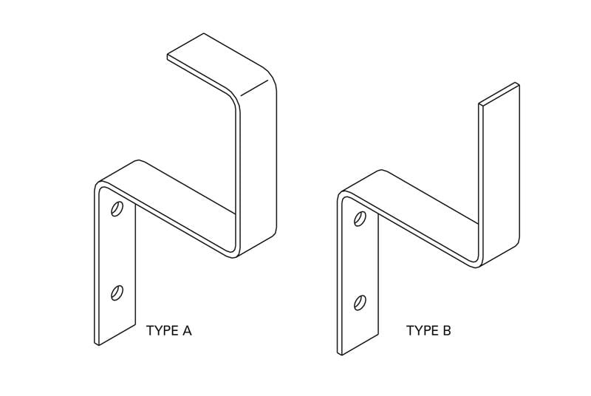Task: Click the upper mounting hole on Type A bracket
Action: click(x=117, y=210)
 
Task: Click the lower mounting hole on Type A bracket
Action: click(x=117, y=293)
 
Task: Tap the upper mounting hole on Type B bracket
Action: click(x=360, y=219)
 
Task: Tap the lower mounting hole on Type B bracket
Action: click(x=360, y=301)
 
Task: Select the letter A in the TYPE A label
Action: click(x=187, y=330)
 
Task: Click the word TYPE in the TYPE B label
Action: click(x=420, y=330)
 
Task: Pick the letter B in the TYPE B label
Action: click(x=446, y=330)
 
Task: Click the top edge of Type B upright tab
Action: click(x=499, y=95)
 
